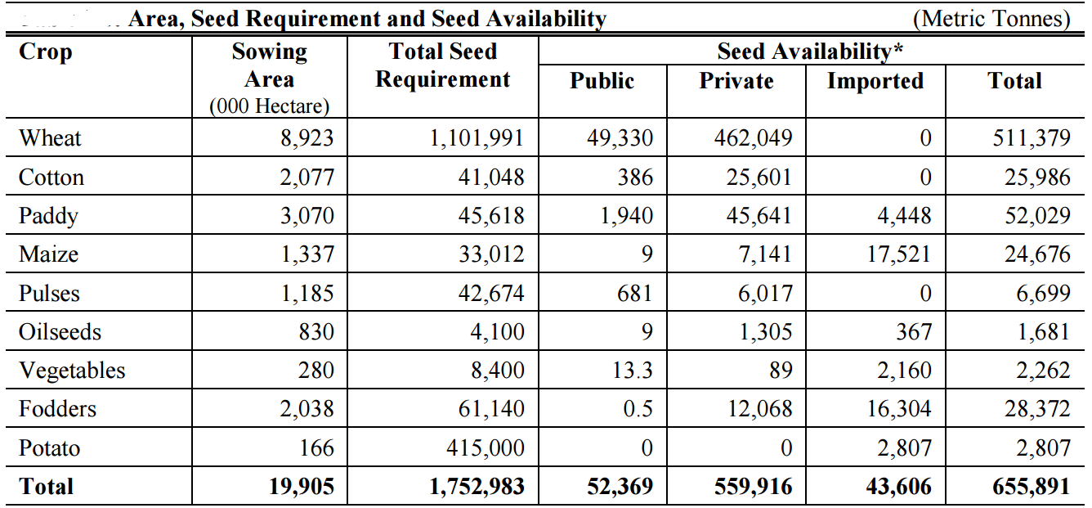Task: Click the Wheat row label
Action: [x=50, y=138]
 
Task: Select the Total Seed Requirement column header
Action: [x=443, y=65]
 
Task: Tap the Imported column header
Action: [x=875, y=81]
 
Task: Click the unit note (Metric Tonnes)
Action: [x=991, y=18]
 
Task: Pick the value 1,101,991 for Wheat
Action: [x=477, y=138]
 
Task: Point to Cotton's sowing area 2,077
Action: [x=307, y=178]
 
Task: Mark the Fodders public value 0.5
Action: [x=637, y=409]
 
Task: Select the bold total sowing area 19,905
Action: [x=302, y=487]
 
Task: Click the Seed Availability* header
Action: [x=810, y=52]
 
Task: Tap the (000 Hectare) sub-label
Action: [x=269, y=106]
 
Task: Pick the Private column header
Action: [x=736, y=81]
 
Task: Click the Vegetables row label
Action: [x=72, y=371]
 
